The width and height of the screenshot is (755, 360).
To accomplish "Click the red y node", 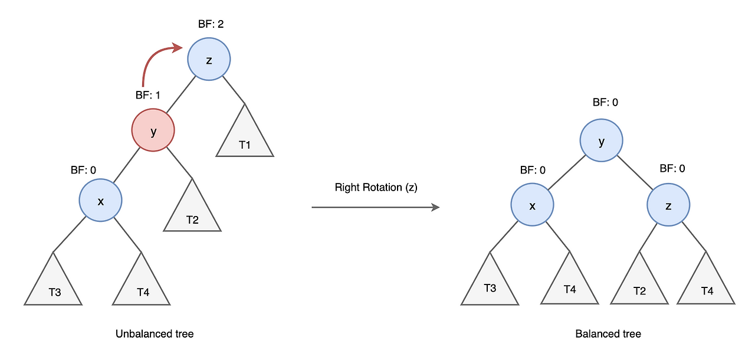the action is [x=153, y=130].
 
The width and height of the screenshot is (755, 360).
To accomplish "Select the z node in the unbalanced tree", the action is [x=209, y=59].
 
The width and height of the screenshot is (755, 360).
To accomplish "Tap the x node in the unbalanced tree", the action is [x=100, y=200].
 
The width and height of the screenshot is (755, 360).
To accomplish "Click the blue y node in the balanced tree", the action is [x=601, y=140].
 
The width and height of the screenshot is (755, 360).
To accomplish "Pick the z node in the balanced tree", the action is [x=668, y=205].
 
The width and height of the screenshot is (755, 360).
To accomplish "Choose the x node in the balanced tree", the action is [x=532, y=205].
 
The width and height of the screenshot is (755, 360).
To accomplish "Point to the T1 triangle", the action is [x=245, y=135].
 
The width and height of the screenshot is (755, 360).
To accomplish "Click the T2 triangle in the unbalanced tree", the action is [x=192, y=210].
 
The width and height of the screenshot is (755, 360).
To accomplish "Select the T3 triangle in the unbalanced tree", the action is [x=53, y=283].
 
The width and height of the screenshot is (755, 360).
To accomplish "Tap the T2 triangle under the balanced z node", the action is [x=639, y=283].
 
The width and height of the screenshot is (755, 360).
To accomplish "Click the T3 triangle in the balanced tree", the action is [x=490, y=283].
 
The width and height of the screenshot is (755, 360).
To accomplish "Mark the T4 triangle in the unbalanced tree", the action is [x=141, y=283].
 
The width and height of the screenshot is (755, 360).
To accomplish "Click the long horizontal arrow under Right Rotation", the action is [x=376, y=207].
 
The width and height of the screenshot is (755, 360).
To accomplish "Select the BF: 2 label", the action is [x=211, y=24].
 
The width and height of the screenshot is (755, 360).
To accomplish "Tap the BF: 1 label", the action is [x=147, y=95].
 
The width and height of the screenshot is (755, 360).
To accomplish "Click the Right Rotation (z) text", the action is [x=376, y=188].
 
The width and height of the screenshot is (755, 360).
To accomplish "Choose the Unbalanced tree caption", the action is [x=155, y=333].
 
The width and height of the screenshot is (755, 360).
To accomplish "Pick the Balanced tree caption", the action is [x=608, y=333].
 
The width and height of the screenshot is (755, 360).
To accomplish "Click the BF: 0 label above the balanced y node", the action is [x=605, y=102].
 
